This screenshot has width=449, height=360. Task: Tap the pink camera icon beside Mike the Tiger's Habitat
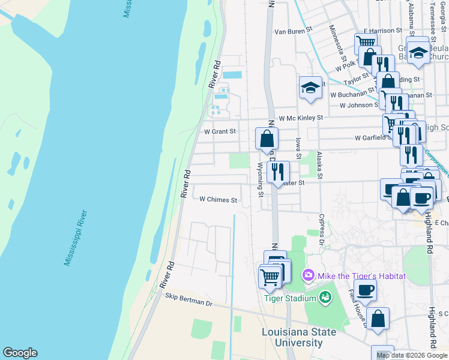[x=309, y=275]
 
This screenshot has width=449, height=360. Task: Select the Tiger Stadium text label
[x=291, y=299]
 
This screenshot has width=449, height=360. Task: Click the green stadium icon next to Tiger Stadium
[x=325, y=297]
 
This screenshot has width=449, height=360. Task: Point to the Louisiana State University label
[x=292, y=337]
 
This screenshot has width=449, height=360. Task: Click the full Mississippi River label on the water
[x=76, y=238]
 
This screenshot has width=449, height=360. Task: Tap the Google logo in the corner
[x=20, y=353]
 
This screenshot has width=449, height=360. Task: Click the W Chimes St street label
[x=218, y=200]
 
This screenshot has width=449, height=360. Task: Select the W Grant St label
[x=220, y=131]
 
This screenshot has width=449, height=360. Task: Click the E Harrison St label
[x=382, y=30]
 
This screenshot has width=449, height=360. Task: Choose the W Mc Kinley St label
[x=300, y=118]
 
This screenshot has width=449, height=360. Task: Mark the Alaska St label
[x=320, y=166]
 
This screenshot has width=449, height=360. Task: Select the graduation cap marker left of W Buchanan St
[x=310, y=88]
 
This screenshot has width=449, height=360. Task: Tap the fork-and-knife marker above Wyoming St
[x=278, y=172]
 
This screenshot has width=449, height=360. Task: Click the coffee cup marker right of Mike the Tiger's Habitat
[x=365, y=291]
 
